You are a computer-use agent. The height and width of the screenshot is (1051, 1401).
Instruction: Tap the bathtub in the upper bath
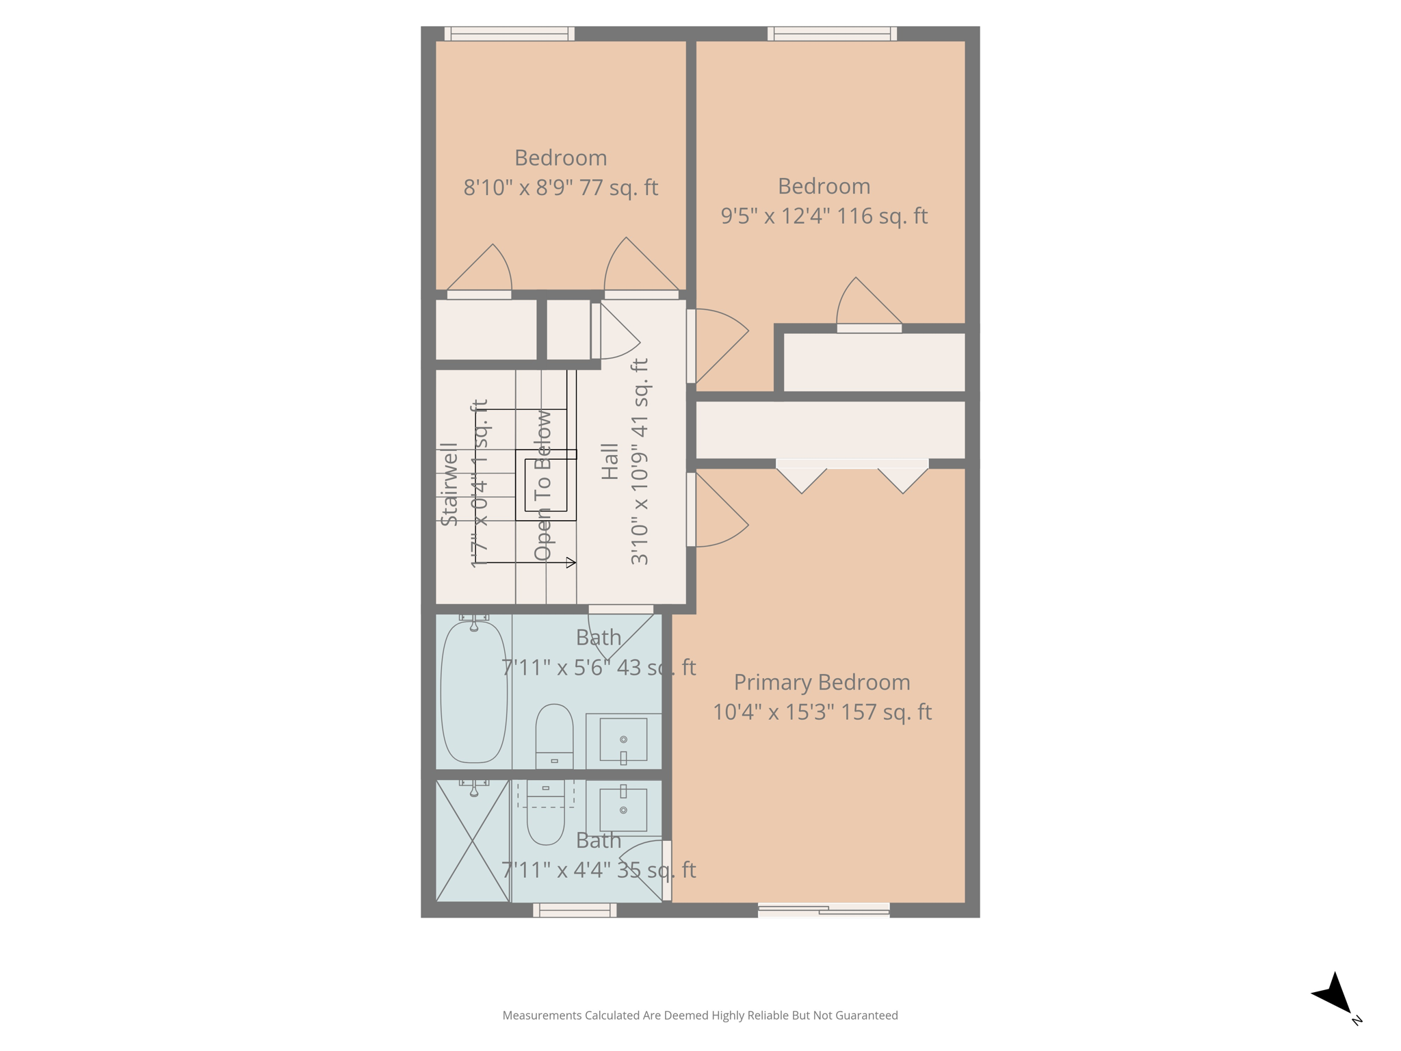click(x=473, y=691)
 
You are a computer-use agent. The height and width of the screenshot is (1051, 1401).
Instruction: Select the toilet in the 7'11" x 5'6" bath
click(x=554, y=736)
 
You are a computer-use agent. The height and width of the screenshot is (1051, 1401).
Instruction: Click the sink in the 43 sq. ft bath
click(x=623, y=740)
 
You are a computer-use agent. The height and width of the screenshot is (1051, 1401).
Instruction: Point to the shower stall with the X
click(x=473, y=841)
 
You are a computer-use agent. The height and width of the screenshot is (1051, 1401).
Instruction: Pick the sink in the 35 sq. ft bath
click(x=623, y=809)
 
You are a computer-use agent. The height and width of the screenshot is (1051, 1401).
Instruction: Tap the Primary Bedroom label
click(x=822, y=682)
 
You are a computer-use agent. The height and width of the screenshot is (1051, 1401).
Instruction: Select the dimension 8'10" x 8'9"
click(x=518, y=187)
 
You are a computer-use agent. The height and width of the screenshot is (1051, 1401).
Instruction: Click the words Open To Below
click(x=542, y=485)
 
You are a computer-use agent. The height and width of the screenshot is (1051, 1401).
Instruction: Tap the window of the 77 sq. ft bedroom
click(x=510, y=34)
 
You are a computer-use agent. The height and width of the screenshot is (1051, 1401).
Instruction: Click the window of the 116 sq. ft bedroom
click(x=832, y=34)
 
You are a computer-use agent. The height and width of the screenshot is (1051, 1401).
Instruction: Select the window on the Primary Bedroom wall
click(x=824, y=909)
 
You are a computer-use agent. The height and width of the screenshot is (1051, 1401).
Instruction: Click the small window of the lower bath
click(x=575, y=909)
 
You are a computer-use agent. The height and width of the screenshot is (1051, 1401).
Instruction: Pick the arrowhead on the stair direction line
click(x=571, y=562)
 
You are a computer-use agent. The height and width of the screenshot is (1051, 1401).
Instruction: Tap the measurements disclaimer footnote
click(x=700, y=1015)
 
